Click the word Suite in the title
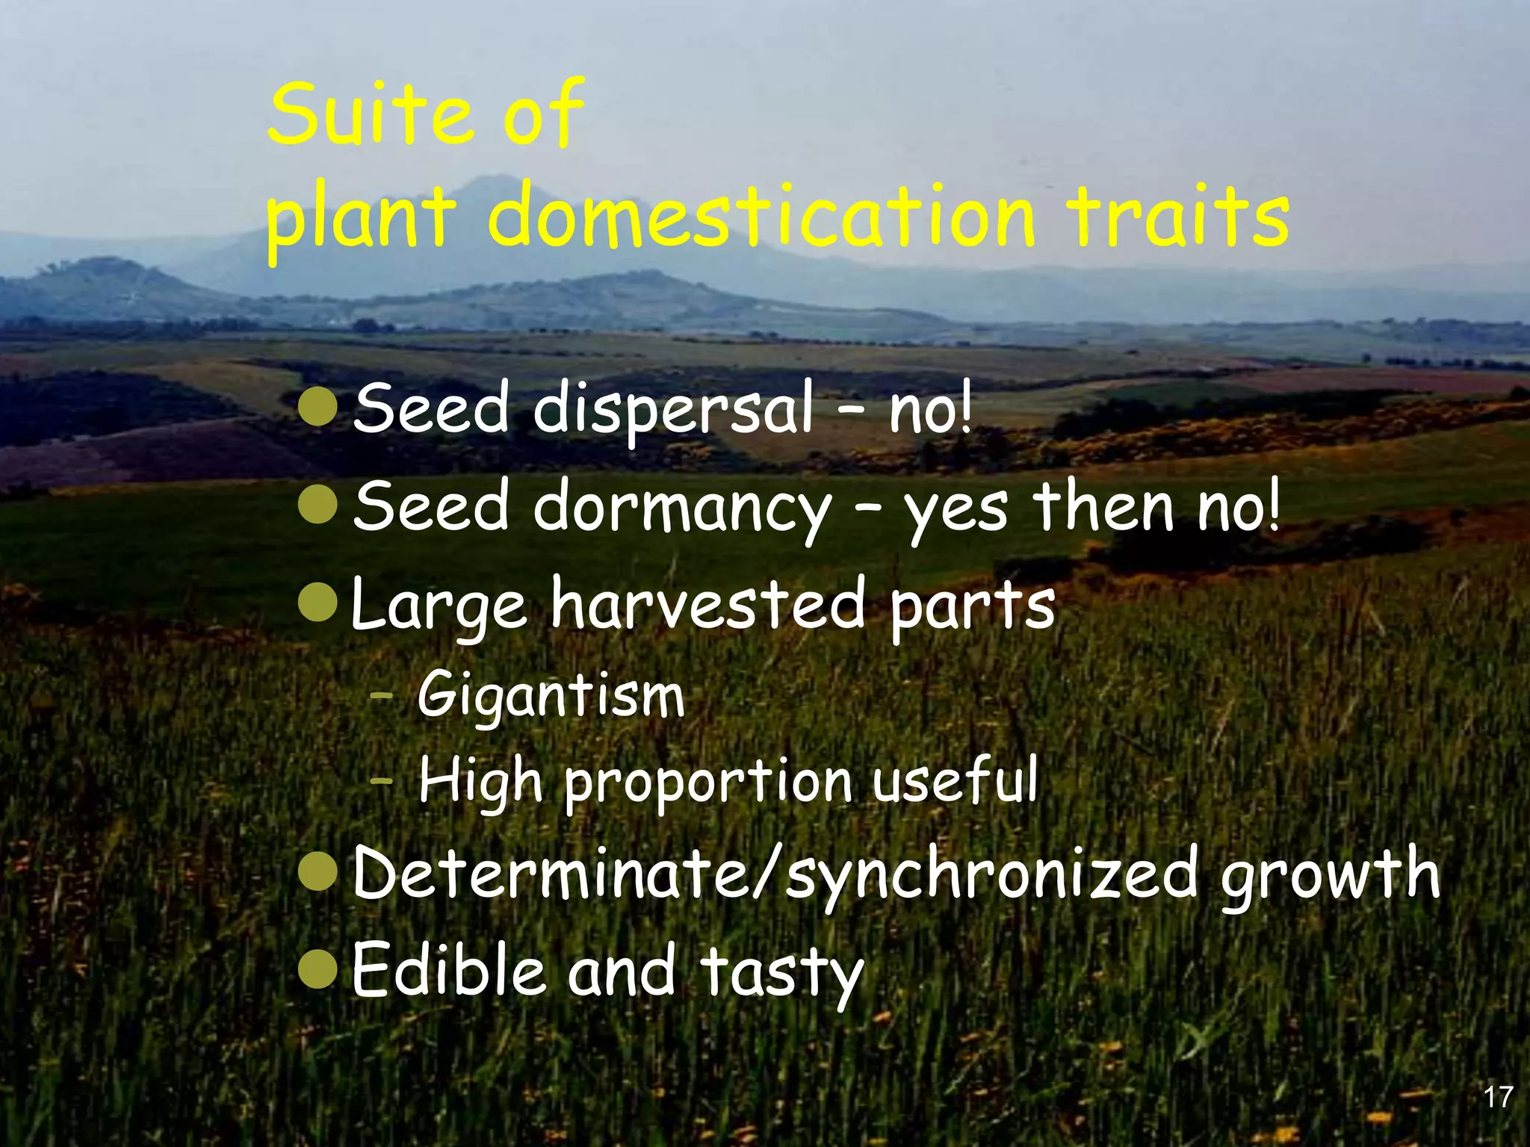tap(371, 116)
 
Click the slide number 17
tap(1497, 1097)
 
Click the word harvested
tap(707, 605)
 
